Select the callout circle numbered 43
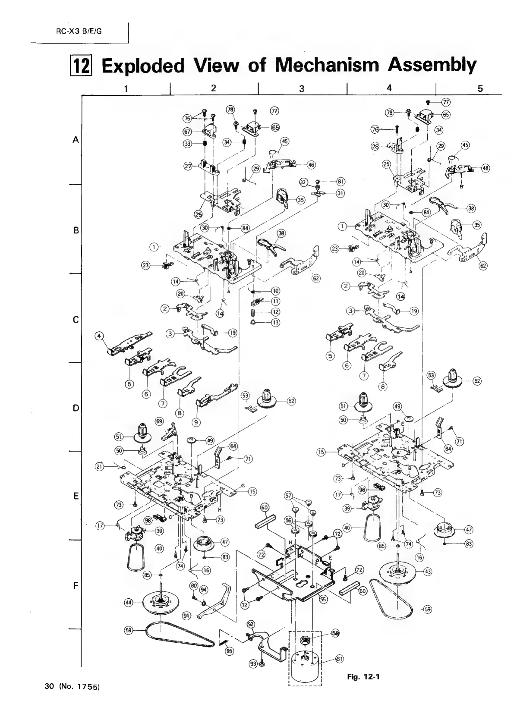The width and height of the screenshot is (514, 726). [x=428, y=572]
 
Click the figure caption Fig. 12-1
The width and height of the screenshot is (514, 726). [x=363, y=676]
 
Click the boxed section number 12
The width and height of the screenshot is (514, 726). [x=82, y=66]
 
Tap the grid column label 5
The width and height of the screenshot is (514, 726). [x=480, y=88]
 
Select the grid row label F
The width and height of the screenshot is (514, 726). [x=76, y=585]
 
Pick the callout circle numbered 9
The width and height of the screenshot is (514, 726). [x=196, y=422]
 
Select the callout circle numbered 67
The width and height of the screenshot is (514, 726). [x=187, y=132]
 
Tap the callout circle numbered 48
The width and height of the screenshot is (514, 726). [x=486, y=168]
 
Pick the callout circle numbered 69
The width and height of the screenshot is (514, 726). [x=159, y=421]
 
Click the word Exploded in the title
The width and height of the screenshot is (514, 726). [x=142, y=66]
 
